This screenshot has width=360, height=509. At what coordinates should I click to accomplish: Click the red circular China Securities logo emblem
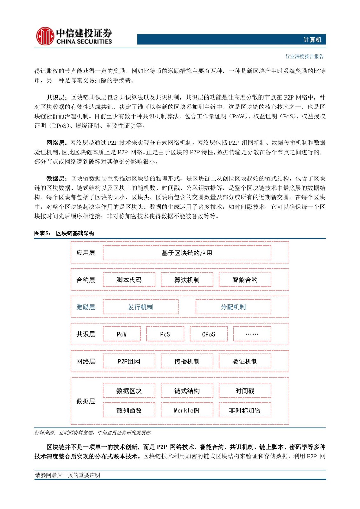45,36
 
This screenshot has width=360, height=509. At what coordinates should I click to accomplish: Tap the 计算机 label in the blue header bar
312,40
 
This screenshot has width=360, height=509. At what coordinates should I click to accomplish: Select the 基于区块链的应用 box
187,253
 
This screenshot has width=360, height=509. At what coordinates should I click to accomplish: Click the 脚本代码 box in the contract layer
129,280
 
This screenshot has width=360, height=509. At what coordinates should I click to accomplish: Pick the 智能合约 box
245,280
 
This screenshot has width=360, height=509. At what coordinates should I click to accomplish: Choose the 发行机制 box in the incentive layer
140,307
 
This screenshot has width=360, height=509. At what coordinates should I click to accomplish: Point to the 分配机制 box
233,307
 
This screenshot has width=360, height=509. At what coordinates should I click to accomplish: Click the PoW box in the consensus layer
122,334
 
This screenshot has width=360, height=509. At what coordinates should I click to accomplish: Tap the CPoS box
208,334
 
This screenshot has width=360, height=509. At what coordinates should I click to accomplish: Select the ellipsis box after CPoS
252,334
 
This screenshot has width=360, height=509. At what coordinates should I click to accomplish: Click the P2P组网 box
129,361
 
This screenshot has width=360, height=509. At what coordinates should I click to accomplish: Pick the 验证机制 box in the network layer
245,361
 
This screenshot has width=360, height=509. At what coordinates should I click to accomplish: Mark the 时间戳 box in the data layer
245,391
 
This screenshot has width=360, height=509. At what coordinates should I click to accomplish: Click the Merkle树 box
187,410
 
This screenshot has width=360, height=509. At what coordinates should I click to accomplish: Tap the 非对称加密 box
245,410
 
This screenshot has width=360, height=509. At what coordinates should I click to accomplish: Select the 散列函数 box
129,410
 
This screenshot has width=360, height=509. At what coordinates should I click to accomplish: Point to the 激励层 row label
86,307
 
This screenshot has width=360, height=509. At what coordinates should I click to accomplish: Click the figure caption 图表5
42,233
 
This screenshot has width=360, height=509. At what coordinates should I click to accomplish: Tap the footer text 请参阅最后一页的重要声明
67,475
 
